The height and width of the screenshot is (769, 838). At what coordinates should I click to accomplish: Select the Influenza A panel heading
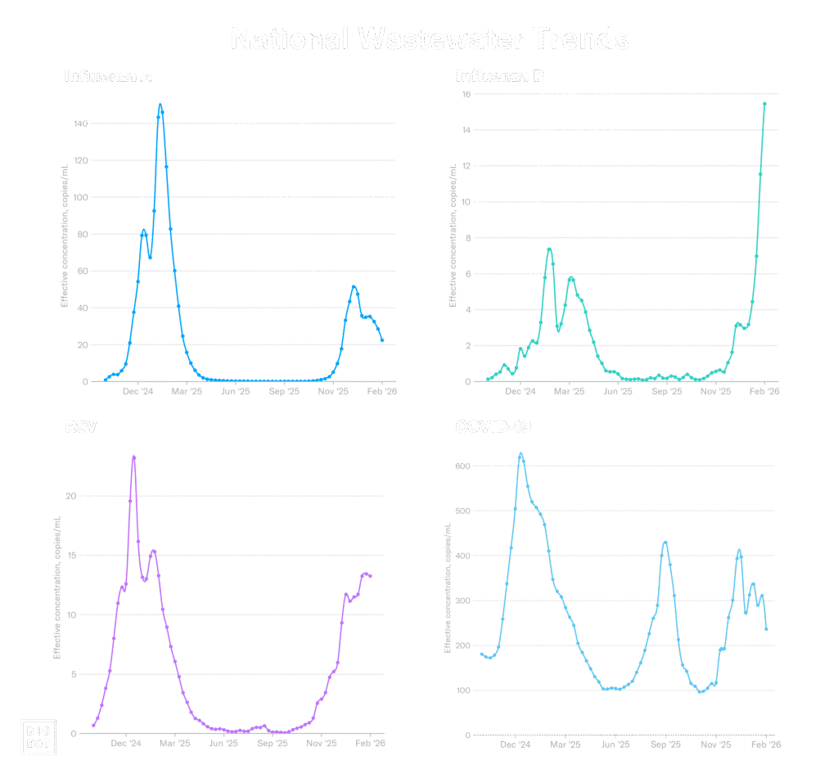point(108,76)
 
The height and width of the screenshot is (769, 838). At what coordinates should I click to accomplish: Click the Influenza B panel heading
point(499,76)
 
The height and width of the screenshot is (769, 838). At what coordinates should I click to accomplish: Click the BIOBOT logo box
point(37,735)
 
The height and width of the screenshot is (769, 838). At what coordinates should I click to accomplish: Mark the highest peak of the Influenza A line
point(160,105)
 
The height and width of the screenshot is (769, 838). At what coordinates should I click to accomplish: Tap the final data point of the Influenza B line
point(764,104)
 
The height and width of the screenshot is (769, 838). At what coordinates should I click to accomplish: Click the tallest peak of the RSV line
point(133,456)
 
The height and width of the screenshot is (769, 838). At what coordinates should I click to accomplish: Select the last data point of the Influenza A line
point(381,340)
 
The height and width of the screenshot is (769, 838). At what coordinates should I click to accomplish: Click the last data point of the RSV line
point(371,577)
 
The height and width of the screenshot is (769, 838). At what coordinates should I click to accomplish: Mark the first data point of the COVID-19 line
point(482,654)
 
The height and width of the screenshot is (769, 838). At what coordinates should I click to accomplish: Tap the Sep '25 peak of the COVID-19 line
point(665,542)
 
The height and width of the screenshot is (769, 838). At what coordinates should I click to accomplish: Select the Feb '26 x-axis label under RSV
point(371,744)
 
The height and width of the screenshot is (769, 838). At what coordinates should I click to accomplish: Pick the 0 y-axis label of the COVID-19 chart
point(467,735)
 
